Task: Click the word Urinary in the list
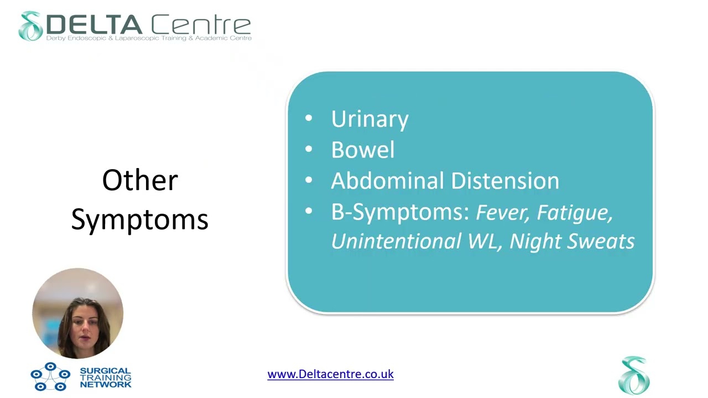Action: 369,119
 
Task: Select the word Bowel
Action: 362,150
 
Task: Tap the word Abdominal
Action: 387,181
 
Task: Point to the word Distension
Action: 505,181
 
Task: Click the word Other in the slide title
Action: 140,181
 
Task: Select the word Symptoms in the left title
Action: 139,219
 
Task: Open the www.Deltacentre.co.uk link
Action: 330,374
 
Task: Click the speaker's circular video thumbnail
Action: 78,313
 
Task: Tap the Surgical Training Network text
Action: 105,378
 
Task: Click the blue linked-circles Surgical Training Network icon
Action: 50,376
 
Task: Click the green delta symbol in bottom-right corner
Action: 634,375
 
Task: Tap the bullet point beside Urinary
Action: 309,118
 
